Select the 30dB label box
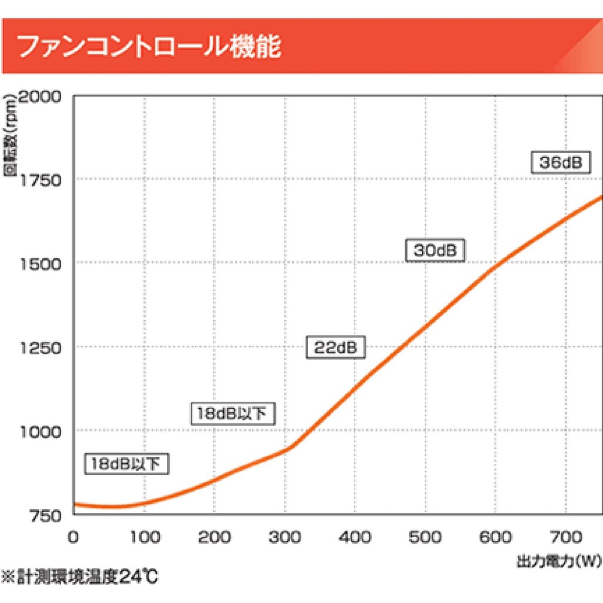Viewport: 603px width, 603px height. [435, 250]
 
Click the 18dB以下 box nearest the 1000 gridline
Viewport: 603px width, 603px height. [233, 413]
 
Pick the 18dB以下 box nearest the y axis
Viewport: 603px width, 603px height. [127, 464]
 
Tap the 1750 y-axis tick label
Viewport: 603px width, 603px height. [41, 180]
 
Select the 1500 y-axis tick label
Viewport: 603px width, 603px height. [41, 263]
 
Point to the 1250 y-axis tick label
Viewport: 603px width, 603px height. [41, 347]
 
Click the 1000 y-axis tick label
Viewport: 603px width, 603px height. [41, 432]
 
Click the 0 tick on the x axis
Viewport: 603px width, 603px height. [73, 537]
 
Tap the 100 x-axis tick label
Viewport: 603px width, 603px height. [144, 537]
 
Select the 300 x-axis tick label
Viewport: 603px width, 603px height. [284, 537]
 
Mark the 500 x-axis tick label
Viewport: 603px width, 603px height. [425, 537]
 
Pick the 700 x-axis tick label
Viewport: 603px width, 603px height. [566, 537]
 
